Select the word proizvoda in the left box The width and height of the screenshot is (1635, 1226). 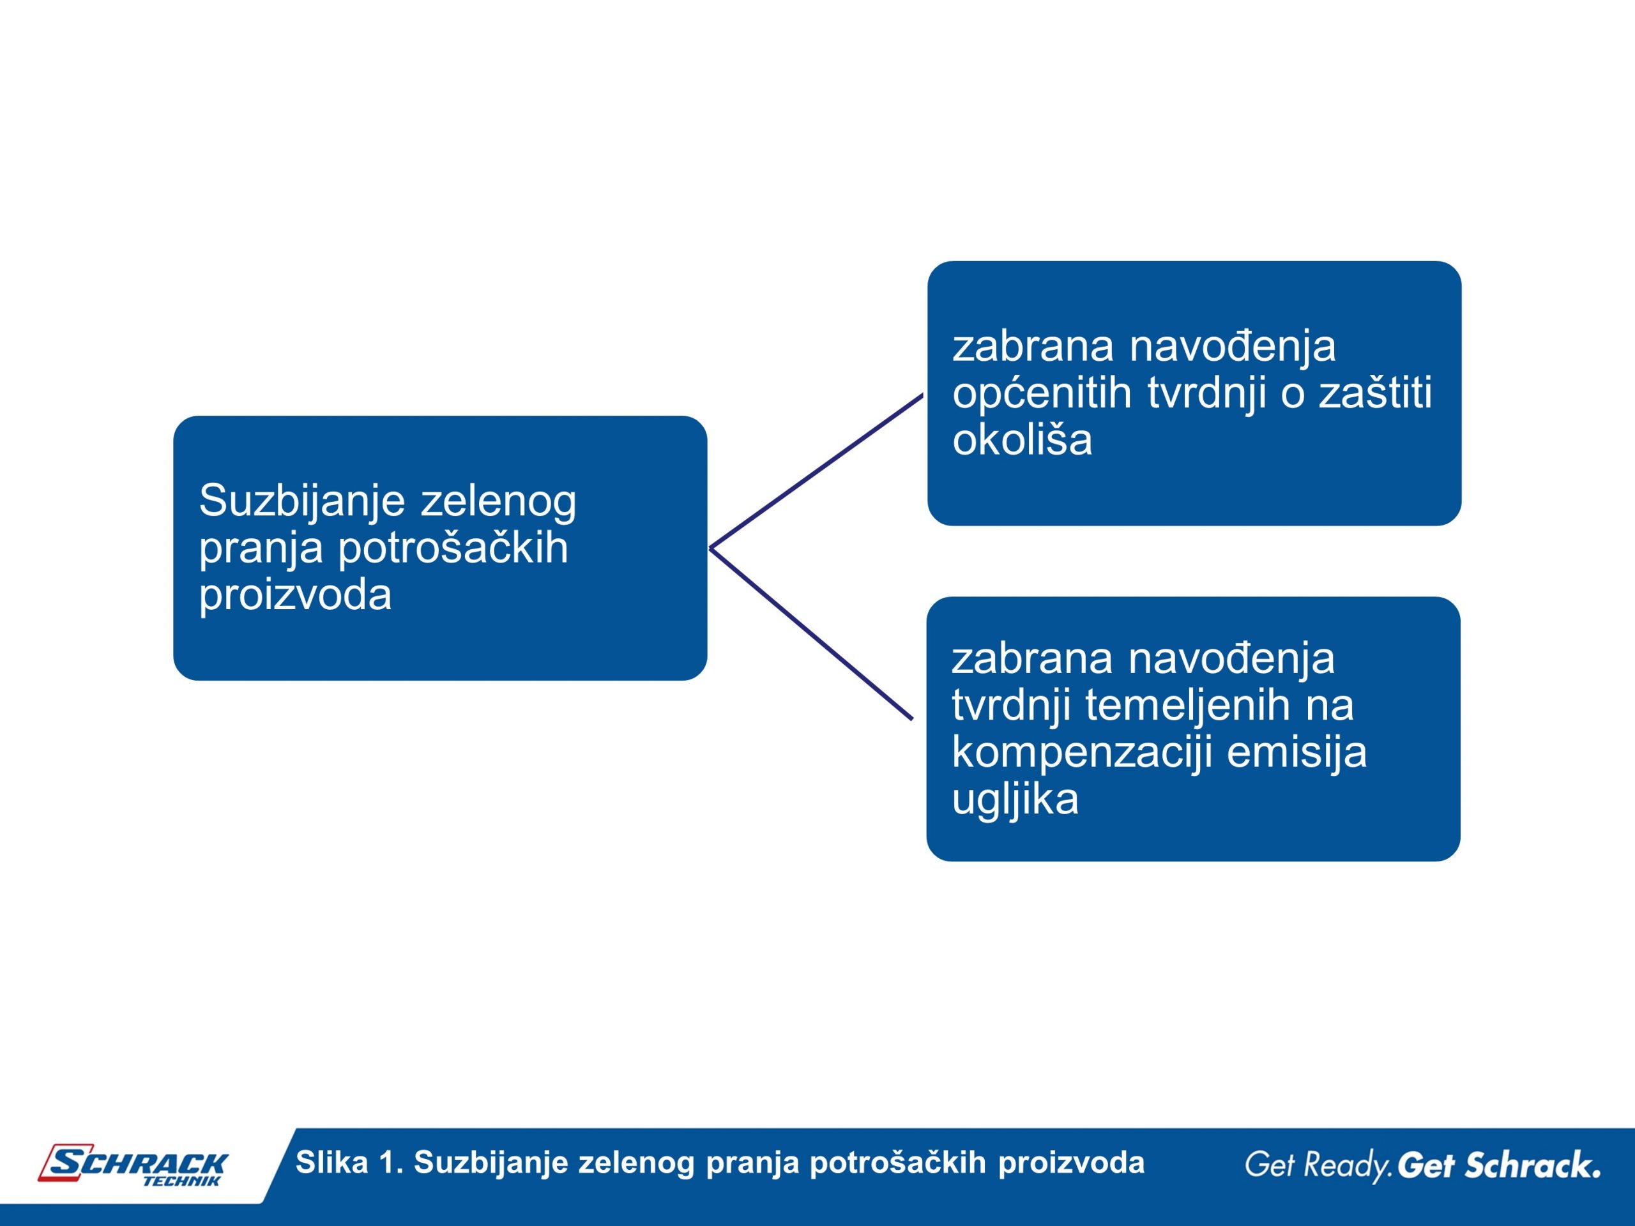295,596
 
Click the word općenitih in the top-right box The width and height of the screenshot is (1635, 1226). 1042,393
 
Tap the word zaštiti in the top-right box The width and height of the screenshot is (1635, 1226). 1376,391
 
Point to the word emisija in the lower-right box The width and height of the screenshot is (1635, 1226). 1297,753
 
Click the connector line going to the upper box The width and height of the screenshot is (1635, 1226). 816,471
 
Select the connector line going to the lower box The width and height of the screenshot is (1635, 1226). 811,633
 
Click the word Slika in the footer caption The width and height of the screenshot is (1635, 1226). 332,1162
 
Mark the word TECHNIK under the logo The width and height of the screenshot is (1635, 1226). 182,1181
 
